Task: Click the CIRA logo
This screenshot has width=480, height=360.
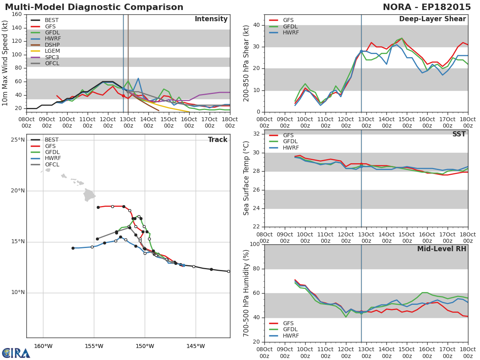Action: point(16,353)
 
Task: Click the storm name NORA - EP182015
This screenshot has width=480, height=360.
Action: point(427,7)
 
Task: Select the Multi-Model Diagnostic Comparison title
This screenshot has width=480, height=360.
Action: point(94,7)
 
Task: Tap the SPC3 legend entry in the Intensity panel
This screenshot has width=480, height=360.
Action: point(45,57)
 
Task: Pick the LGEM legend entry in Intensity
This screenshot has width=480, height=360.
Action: point(45,51)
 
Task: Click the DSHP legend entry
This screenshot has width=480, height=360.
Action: point(45,45)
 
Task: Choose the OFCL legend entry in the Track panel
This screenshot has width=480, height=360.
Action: point(45,164)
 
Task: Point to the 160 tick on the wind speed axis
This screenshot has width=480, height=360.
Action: point(17,14)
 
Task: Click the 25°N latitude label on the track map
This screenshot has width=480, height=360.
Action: point(18,140)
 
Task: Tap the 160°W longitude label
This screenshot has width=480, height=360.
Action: point(43,346)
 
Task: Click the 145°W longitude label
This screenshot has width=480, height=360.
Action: point(196,346)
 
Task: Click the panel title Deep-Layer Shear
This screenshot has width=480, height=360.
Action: point(432,19)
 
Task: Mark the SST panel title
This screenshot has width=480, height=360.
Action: point(459,134)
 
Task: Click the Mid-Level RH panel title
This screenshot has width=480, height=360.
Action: point(442,249)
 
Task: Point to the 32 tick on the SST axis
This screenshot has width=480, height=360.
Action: point(256,134)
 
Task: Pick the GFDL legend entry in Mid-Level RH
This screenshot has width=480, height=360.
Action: point(284,329)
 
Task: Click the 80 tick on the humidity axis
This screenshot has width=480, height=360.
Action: point(256,269)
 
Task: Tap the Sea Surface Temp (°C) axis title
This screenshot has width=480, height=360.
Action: point(246,178)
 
